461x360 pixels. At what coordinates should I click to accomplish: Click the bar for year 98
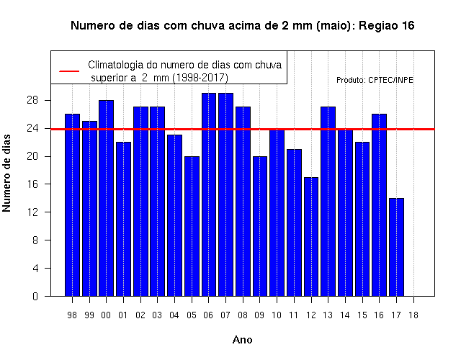pos(72,204)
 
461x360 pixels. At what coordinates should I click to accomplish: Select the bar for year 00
pos(106,198)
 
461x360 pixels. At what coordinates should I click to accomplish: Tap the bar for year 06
pos(209,194)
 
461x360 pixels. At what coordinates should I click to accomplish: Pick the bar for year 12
pos(311,237)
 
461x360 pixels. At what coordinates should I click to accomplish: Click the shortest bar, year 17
pos(396,247)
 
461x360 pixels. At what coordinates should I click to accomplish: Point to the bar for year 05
pos(192,226)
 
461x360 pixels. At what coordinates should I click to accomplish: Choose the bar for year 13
pos(328,202)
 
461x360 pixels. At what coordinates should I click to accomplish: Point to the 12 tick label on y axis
pos(32,212)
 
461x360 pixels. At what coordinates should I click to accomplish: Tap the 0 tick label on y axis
pos(35,296)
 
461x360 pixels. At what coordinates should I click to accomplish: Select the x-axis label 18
pos(413,315)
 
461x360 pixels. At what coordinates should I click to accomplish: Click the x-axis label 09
pos(259,315)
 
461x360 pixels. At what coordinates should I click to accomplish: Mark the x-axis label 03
pos(157,315)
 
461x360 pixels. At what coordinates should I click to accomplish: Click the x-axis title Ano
pos(243,340)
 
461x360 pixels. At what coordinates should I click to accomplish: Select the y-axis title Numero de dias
pos(6,173)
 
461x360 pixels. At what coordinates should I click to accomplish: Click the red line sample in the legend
pos(69,71)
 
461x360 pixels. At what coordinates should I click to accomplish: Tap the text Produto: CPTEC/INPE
pos(375,80)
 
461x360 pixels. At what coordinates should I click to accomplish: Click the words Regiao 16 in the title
pos(387,26)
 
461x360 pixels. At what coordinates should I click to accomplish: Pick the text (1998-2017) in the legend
pos(200,78)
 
